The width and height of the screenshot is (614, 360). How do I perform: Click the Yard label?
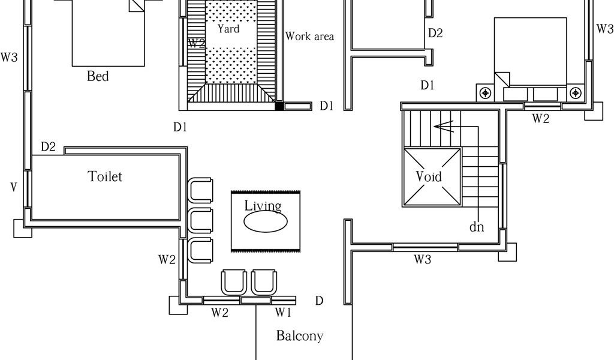click(x=228, y=29)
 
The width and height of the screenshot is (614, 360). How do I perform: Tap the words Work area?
click(x=309, y=37)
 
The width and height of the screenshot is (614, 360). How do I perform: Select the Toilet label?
click(x=105, y=176)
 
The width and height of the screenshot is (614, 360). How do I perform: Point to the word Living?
click(x=263, y=206)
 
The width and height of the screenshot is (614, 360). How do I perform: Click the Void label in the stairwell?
click(x=429, y=176)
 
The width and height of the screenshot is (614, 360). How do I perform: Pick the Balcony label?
click(x=299, y=336)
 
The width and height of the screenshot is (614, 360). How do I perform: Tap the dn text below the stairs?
click(x=477, y=227)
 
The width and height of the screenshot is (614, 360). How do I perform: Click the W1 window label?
click(x=283, y=312)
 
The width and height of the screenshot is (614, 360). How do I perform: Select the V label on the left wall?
click(x=13, y=187)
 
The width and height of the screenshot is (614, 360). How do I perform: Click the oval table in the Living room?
click(x=266, y=221)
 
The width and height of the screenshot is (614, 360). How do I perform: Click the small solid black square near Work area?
click(x=279, y=107)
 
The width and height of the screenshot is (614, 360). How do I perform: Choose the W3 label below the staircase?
click(x=423, y=260)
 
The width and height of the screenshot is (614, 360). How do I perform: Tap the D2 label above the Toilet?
click(x=49, y=146)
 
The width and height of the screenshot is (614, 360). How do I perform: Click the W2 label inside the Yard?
click(x=197, y=43)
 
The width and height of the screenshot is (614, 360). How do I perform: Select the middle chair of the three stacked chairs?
click(x=200, y=221)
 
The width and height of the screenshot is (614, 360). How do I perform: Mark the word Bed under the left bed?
click(x=98, y=76)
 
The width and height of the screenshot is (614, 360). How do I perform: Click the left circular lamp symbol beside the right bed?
click(x=486, y=93)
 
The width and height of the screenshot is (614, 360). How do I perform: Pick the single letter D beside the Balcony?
click(x=320, y=301)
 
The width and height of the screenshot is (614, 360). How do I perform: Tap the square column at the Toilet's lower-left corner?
click(x=22, y=228)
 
